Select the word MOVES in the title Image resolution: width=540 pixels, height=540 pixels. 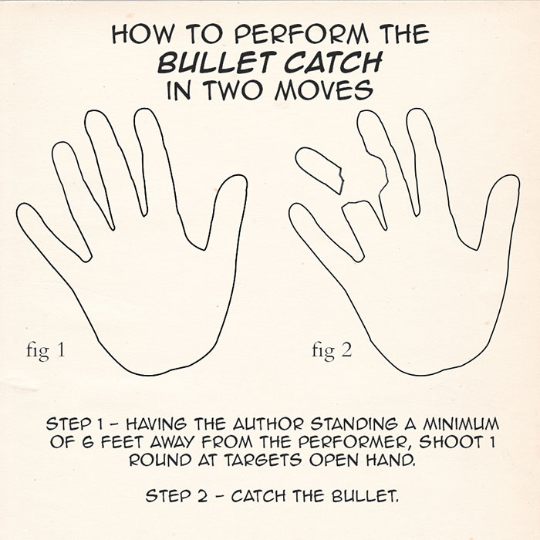(x=324, y=89)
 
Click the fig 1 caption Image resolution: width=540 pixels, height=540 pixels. (x=46, y=351)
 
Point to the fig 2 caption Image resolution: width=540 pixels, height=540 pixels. (x=332, y=351)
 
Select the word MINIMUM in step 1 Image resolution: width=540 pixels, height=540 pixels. (x=461, y=424)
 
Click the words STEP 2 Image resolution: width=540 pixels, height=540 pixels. (x=177, y=496)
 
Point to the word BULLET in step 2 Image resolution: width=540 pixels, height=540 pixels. (x=365, y=496)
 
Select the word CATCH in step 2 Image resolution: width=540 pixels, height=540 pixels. (x=258, y=496)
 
